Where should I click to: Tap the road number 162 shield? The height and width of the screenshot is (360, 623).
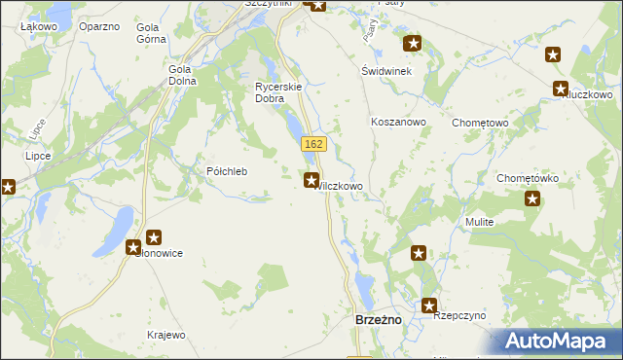pyautogui.click(x=312, y=144)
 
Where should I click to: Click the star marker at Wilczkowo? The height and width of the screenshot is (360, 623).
pyautogui.click(x=311, y=179)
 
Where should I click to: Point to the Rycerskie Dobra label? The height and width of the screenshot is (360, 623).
pyautogui.click(x=280, y=92)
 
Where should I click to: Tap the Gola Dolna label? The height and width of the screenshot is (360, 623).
pyautogui.click(x=182, y=75)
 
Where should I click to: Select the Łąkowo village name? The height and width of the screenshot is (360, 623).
pyautogui.click(x=39, y=26)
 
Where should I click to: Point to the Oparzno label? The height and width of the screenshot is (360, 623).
pyautogui.click(x=99, y=26)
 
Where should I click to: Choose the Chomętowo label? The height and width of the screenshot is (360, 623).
pyautogui.click(x=481, y=123)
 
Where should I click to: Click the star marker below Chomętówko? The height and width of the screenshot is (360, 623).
pyautogui.click(x=532, y=199)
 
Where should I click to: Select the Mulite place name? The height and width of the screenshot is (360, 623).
pyautogui.click(x=480, y=222)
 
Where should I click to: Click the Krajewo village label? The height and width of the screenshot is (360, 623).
pyautogui.click(x=165, y=335)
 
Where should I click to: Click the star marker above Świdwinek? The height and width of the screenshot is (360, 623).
pyautogui.click(x=413, y=44)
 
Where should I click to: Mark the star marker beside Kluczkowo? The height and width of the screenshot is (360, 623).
pyautogui.click(x=561, y=90)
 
